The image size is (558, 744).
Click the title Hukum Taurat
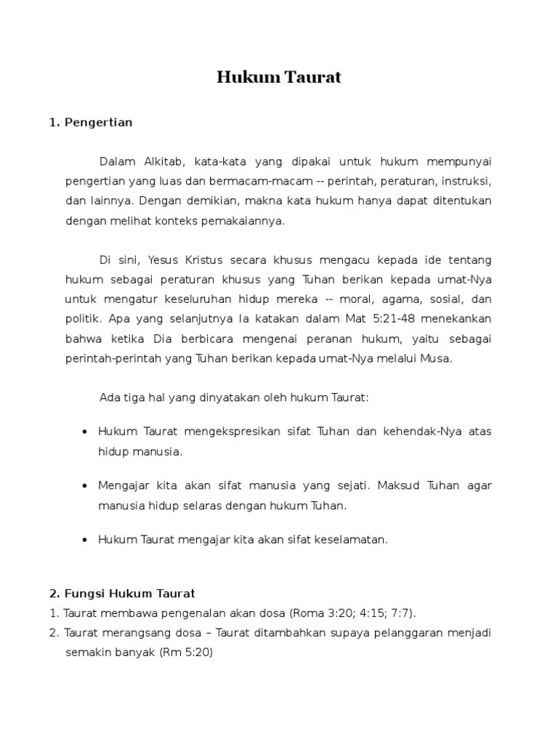pyautogui.click(x=279, y=78)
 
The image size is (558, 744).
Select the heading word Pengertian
pyautogui.click(x=98, y=122)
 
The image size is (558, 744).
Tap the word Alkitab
pyautogui.click(x=164, y=161)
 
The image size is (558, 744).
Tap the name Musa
pyautogui.click(x=437, y=358)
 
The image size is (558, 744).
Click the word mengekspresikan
pyautogui.click(x=218, y=432)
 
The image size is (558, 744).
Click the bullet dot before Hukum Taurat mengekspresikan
pyautogui.click(x=84, y=432)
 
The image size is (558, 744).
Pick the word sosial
pyautogui.click(x=443, y=299)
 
